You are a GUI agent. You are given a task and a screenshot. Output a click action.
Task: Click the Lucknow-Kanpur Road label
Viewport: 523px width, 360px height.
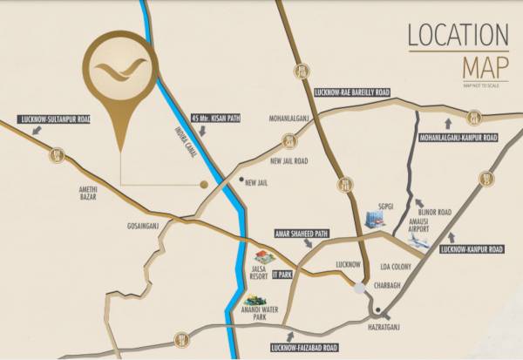tap(473, 249)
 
